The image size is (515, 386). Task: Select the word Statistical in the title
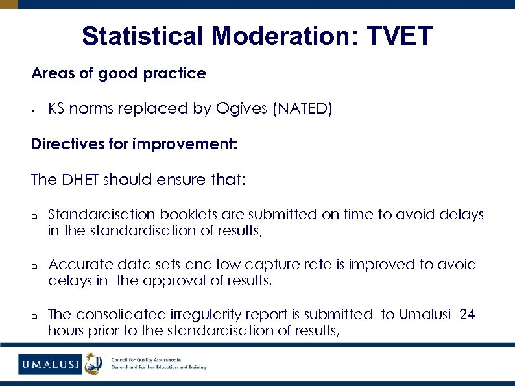142,36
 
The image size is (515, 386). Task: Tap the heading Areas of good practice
119,74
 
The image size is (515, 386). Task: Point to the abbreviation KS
56,108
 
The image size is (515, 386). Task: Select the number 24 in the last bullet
467,315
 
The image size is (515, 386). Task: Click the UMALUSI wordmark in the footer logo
49,364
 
